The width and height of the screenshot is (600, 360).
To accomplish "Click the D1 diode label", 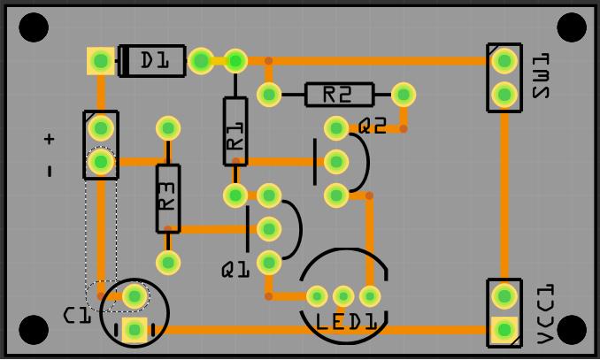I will (x=155, y=60).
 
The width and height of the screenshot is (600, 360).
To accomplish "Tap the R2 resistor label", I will (x=337, y=94).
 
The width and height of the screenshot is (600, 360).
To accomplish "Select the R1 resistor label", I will (x=235, y=130).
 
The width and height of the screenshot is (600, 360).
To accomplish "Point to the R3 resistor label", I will (x=168, y=196).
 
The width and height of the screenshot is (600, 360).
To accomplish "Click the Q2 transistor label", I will (x=373, y=126).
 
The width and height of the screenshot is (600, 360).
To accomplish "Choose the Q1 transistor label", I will (x=235, y=270).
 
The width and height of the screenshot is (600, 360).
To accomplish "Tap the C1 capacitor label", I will (x=77, y=315).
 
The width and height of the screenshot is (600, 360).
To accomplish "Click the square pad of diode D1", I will (x=101, y=60).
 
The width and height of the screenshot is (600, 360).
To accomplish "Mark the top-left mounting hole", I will (x=34, y=27).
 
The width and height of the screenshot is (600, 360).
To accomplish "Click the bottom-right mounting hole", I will (x=572, y=330).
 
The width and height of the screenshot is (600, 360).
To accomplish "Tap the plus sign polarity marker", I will (x=49, y=139).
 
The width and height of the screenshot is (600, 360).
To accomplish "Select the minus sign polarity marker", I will (x=49, y=171).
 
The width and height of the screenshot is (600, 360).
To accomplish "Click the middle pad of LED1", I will (x=343, y=296).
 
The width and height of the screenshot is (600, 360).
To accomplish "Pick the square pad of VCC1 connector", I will (x=504, y=330).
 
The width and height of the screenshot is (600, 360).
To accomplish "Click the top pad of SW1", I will (x=504, y=60).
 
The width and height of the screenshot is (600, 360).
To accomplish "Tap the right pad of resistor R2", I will (x=404, y=94).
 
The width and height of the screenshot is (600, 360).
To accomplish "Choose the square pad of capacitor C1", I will (x=135, y=330).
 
